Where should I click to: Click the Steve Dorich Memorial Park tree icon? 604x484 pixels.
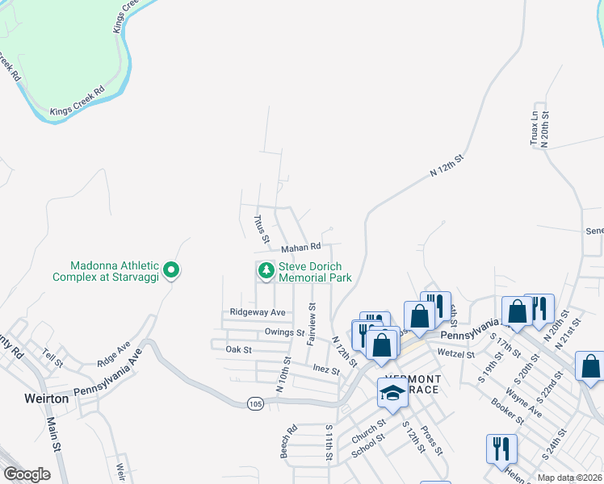pyautogui.click(x=266, y=272)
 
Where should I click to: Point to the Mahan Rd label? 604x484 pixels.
pyautogui.click(x=301, y=247)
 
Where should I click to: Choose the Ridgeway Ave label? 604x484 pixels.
pyautogui.click(x=258, y=312)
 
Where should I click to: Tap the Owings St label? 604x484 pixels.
pyautogui.click(x=283, y=332)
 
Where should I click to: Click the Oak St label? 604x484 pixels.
pyautogui.click(x=239, y=349)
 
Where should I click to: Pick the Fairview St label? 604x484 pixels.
pyautogui.click(x=312, y=323)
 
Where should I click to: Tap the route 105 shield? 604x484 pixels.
pyautogui.click(x=256, y=402)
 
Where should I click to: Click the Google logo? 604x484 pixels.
pyautogui.click(x=27, y=474)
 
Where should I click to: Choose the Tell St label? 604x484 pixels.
pyautogui.click(x=52, y=357)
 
